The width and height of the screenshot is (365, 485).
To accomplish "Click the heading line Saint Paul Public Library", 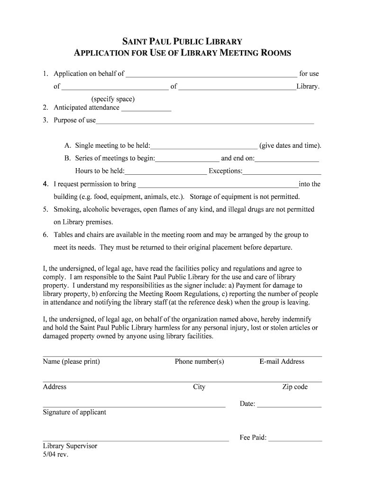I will click(182, 42).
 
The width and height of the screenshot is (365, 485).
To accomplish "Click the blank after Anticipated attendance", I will click(146, 108).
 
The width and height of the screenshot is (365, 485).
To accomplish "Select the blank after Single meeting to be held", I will click(204, 146).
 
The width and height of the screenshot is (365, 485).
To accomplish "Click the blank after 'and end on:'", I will click(287, 159).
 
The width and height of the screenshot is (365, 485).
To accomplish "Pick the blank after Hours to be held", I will click(165, 172).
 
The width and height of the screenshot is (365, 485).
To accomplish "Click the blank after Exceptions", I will click(282, 172).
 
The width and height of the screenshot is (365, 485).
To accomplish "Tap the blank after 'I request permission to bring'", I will click(218, 185).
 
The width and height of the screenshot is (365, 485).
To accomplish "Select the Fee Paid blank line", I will click(295, 439).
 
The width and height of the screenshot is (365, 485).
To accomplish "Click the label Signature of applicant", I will click(74, 412).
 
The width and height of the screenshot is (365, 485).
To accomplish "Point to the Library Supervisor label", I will click(70, 446).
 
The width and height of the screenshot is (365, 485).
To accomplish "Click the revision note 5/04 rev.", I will click(55, 454).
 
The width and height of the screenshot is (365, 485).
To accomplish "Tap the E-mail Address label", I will click(282, 361).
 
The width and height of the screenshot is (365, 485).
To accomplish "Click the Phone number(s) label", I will click(199, 361).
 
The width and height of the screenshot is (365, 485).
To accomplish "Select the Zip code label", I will click(295, 387).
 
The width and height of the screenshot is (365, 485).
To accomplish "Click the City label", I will click(199, 387).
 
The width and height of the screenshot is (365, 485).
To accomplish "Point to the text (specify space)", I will click(113, 99).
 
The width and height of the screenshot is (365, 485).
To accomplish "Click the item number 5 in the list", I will click(45, 209).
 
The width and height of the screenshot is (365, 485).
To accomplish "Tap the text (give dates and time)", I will click(290, 145).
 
